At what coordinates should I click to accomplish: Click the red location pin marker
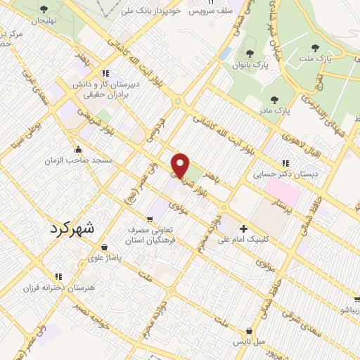tap(181, 165)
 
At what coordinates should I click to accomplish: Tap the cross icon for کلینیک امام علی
tap(244, 228)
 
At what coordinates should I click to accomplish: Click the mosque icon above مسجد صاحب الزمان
tap(77, 149)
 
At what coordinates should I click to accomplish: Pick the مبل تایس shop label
tap(249, 342)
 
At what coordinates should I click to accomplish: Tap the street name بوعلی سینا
tap(25, 137)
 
